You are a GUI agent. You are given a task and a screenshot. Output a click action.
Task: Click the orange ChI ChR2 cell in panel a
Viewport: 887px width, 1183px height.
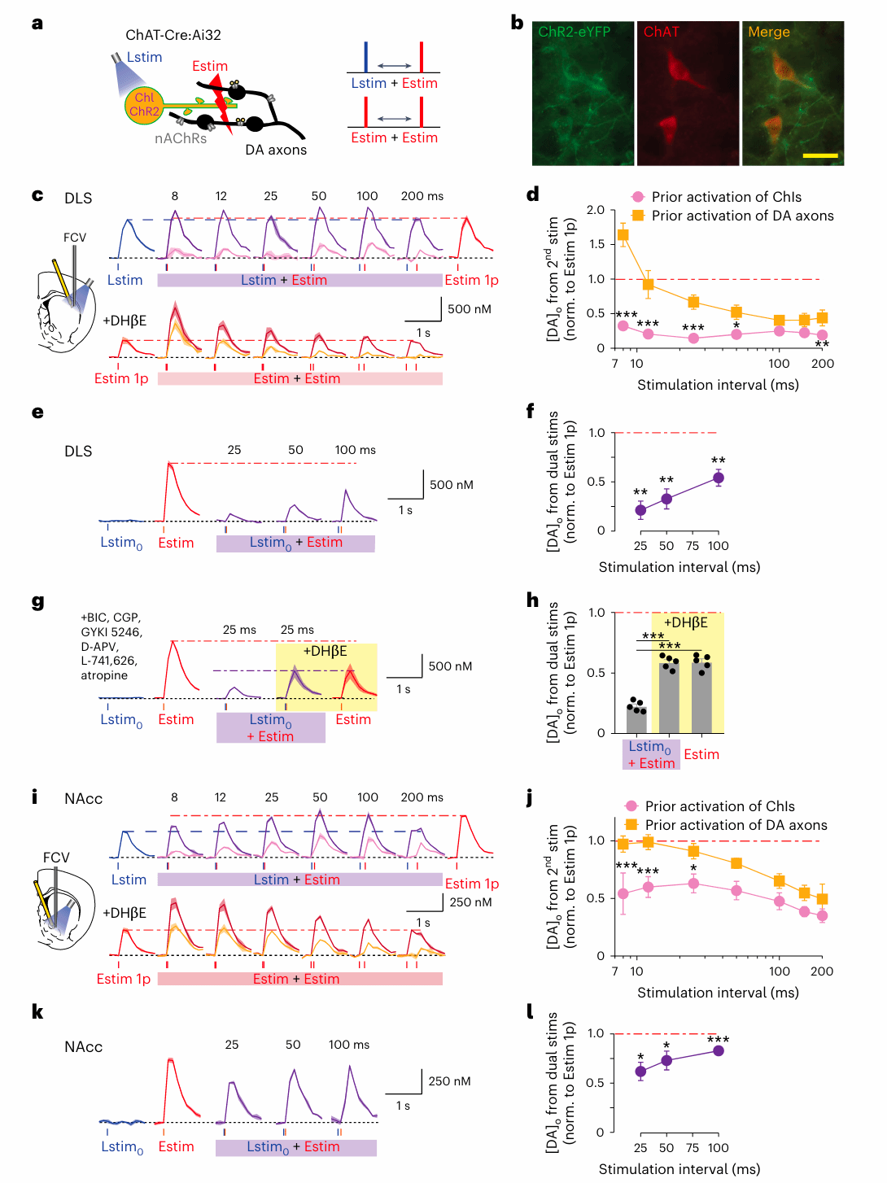point(144,105)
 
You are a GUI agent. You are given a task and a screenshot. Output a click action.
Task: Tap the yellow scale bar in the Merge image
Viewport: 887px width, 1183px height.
point(820,155)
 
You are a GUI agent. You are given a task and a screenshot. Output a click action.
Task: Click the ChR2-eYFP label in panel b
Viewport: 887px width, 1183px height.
point(574,32)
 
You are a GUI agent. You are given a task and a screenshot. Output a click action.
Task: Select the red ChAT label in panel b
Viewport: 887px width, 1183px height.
point(661,32)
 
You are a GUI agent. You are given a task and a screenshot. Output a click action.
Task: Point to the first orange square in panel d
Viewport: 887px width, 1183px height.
point(623,235)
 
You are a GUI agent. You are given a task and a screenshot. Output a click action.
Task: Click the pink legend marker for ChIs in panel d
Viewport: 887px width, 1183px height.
point(638,197)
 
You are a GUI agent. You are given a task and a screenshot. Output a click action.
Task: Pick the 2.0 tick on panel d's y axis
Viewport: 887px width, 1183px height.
point(596,210)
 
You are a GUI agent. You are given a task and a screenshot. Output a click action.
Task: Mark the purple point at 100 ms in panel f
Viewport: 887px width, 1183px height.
point(718,478)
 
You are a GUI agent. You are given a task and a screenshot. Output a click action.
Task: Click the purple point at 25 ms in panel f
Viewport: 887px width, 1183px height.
point(640,510)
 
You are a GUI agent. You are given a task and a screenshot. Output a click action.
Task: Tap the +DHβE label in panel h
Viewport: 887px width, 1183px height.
point(685,622)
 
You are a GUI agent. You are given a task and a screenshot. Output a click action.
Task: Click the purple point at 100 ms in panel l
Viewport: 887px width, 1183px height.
point(718,1050)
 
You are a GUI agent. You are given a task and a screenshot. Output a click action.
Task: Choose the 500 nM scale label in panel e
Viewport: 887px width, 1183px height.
point(451,485)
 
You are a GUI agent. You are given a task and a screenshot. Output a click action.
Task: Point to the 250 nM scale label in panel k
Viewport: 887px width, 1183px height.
point(449,1081)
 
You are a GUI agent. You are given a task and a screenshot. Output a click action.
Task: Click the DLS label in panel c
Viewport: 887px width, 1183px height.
point(78,199)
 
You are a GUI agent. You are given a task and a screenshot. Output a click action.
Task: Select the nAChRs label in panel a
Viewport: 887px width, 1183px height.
point(181,138)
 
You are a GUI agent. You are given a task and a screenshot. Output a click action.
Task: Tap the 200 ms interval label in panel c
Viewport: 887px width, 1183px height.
point(422,196)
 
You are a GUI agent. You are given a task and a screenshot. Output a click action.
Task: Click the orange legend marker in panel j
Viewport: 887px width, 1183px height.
point(631,825)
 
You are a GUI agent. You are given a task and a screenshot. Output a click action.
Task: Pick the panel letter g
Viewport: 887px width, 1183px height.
point(37,602)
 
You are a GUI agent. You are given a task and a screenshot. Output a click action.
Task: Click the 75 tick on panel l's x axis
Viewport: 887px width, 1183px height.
point(693,1148)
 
